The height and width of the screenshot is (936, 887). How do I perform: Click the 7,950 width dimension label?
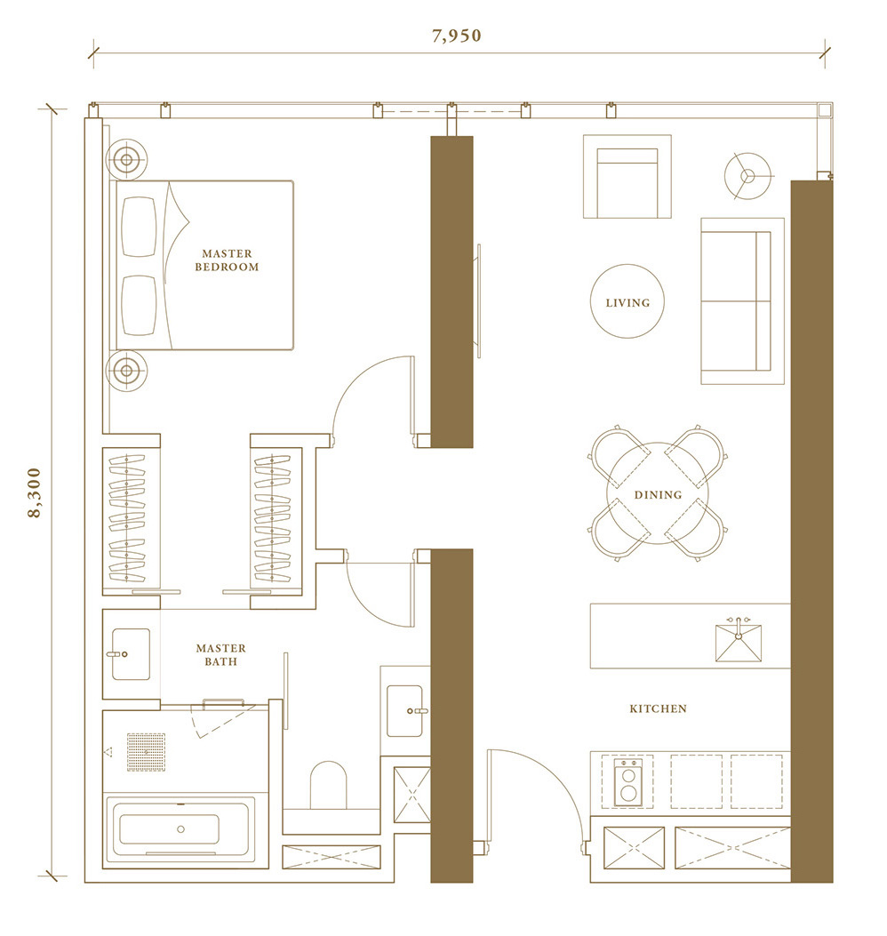457,36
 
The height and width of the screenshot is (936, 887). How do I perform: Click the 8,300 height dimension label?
35,492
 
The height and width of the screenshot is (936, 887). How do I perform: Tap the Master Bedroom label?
227,260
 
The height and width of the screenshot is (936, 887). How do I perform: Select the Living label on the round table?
627,302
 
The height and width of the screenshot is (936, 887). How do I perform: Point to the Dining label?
658,494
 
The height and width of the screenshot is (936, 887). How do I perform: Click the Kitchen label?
658,708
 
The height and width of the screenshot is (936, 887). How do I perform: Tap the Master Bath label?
220,654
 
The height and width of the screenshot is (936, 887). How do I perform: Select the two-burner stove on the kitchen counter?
628,782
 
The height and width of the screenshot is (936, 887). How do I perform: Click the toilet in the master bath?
328,785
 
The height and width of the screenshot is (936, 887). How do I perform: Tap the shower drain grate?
146,752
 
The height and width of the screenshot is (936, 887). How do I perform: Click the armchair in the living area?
627,177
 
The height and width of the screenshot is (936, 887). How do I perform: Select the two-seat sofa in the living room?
742,300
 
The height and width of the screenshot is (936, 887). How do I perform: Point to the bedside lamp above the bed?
126,160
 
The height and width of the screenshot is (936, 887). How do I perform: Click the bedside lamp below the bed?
126,371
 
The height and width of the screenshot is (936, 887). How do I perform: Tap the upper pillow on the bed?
139,227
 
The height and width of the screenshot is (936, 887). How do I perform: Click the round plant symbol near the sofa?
747,176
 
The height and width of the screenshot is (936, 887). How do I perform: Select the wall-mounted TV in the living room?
477,300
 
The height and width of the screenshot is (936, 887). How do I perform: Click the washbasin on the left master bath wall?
131,653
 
